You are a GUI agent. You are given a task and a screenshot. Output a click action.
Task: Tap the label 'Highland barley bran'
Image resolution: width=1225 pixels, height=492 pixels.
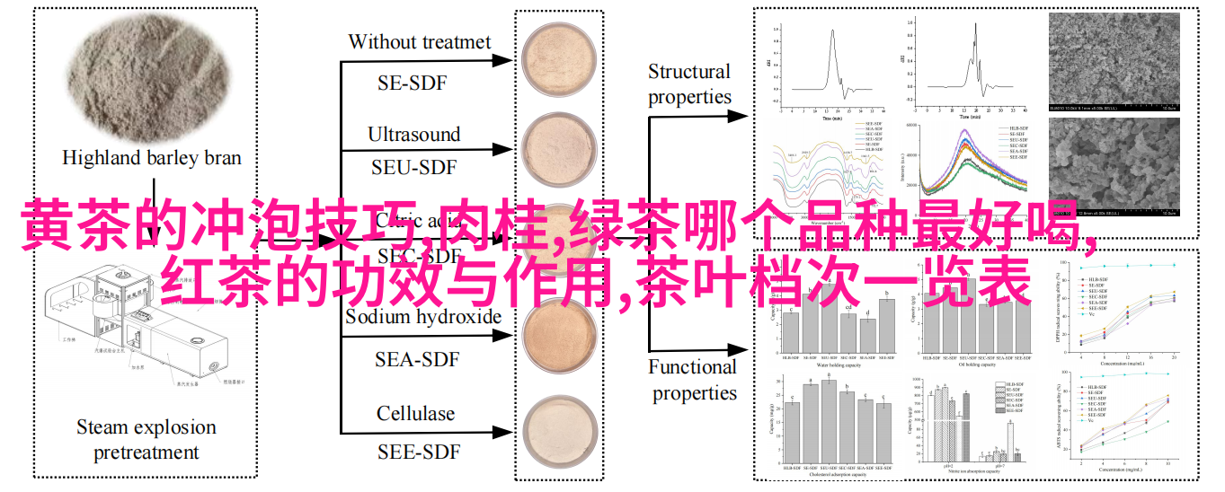152,158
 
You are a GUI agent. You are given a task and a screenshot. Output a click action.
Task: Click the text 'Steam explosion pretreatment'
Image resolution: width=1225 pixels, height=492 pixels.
146,439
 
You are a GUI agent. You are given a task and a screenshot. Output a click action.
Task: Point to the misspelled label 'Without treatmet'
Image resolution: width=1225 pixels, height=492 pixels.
420,41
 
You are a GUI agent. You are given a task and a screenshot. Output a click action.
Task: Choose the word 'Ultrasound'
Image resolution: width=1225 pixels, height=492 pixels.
413,135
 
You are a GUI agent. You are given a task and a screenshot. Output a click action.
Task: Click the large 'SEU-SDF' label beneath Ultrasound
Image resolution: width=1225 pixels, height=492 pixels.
413,167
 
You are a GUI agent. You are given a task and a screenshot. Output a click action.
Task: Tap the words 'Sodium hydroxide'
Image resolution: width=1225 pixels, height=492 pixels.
423,317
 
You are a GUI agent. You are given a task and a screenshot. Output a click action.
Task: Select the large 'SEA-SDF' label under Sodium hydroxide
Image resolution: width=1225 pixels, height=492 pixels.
417,359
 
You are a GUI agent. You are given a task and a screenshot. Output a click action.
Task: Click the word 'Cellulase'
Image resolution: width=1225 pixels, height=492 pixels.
415,414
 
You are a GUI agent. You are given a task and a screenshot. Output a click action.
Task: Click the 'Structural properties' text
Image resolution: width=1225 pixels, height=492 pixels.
689,84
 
